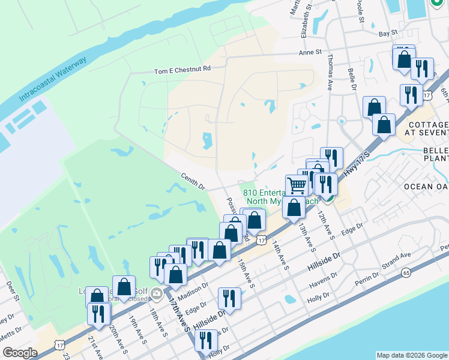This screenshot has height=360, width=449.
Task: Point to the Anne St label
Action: coord(311,53)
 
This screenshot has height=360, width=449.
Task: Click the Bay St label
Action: coord(388,32)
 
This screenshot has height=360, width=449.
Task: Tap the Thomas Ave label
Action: coord(330,72)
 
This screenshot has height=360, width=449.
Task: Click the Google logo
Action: coord(20,353)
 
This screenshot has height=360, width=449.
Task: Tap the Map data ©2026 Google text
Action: coord(412,355)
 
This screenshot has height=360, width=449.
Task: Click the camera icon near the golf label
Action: coord(157,294)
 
